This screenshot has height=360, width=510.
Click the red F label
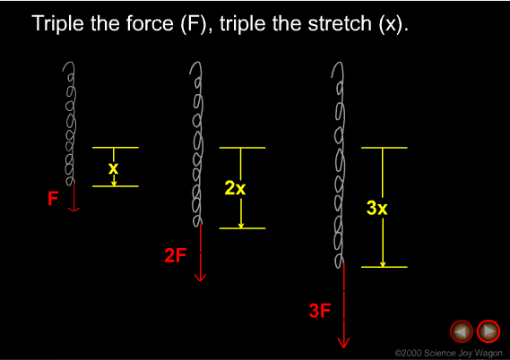(x=53, y=198)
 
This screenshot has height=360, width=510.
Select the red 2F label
(x=176, y=255)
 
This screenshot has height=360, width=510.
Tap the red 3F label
(x=320, y=311)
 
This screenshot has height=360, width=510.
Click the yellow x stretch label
(x=113, y=168)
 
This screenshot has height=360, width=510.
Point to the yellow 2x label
(x=235, y=188)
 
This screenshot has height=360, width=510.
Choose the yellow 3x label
(x=377, y=208)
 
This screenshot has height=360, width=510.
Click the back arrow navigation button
(x=462, y=331)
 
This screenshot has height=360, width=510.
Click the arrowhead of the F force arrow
(x=73, y=210)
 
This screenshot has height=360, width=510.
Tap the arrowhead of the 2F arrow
(x=200, y=279)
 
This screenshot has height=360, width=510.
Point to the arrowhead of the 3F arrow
(x=343, y=344)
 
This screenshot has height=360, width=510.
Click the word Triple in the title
(x=58, y=23)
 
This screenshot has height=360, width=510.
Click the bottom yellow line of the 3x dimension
(x=385, y=267)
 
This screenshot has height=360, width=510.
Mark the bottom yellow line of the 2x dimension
(x=242, y=228)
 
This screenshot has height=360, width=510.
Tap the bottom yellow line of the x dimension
(x=115, y=186)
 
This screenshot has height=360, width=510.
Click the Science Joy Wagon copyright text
(x=449, y=353)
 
